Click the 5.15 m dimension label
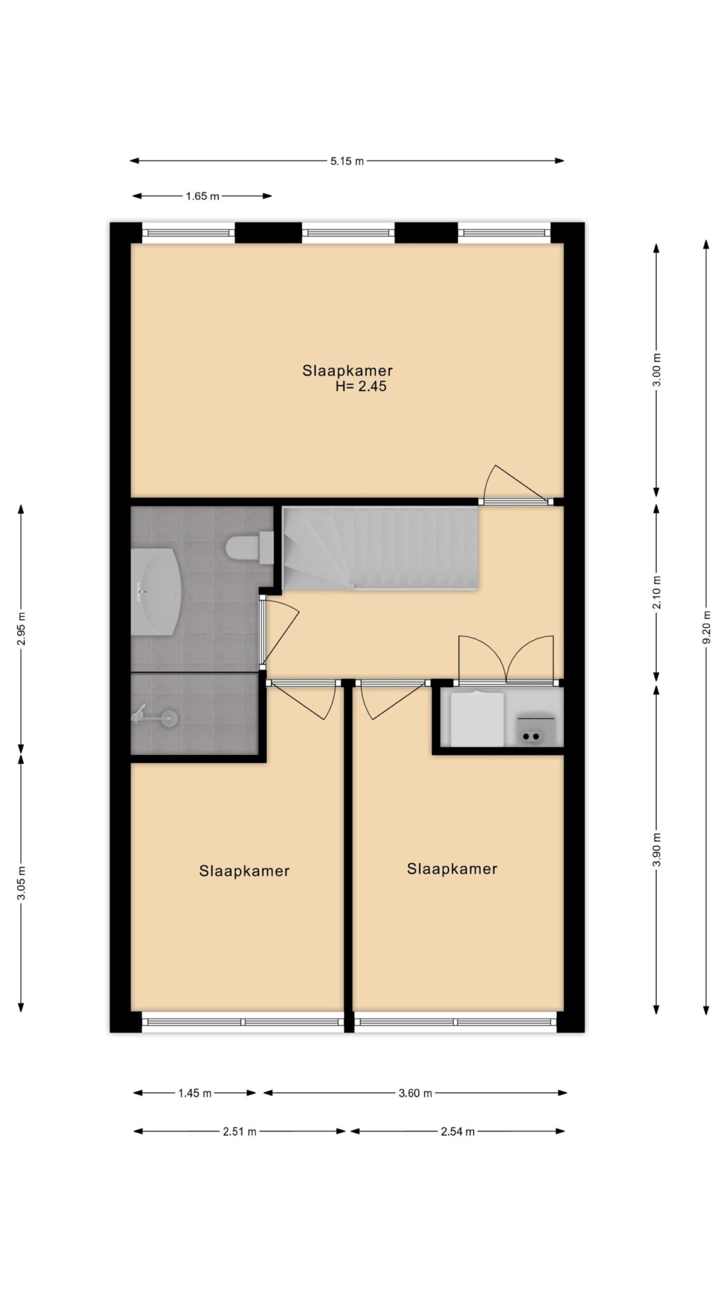(x=347, y=161)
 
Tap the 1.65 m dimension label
(x=202, y=196)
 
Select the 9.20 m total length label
(x=706, y=627)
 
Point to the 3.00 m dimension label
(x=657, y=370)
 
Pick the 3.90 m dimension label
(x=657, y=849)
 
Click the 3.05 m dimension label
(x=21, y=883)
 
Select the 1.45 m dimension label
(x=195, y=1093)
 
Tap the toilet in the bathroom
(x=249, y=548)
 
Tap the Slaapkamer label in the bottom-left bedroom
(x=244, y=871)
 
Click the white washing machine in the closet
(x=477, y=718)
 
